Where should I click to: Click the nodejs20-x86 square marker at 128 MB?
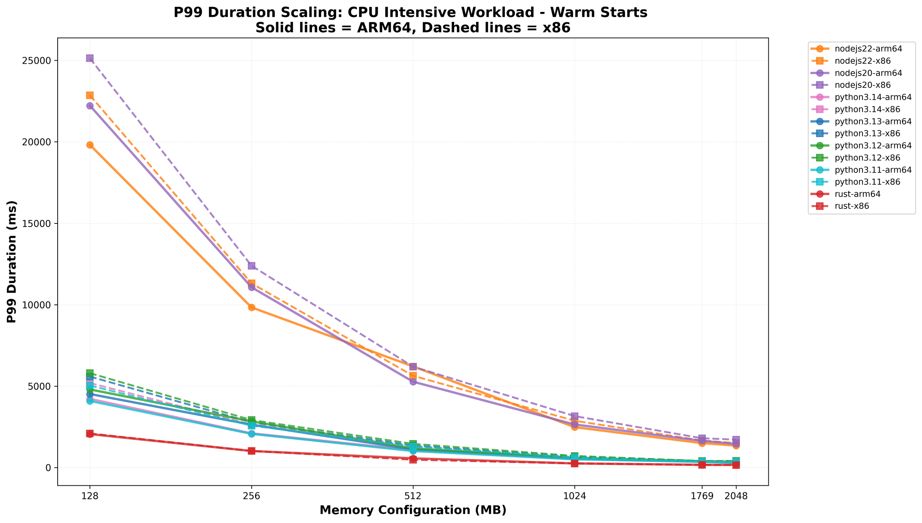pyautogui.click(x=90, y=58)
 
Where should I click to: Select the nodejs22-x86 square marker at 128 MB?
pyautogui.click(x=90, y=95)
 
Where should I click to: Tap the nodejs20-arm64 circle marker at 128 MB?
pyautogui.click(x=90, y=106)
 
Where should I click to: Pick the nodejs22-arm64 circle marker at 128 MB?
pyautogui.click(x=90, y=145)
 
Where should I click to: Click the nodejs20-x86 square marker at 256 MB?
pyautogui.click(x=251, y=266)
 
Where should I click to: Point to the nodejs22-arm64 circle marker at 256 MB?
pyautogui.click(x=251, y=307)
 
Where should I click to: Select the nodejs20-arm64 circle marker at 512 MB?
pyautogui.click(x=413, y=382)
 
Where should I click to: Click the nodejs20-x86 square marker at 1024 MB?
pyautogui.click(x=574, y=416)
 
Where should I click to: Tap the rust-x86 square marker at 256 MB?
pyautogui.click(x=251, y=451)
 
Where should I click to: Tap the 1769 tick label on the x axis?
pyautogui.click(x=702, y=496)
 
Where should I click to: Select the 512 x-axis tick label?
pyautogui.click(x=413, y=496)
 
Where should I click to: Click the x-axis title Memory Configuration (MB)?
pyautogui.click(x=413, y=510)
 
